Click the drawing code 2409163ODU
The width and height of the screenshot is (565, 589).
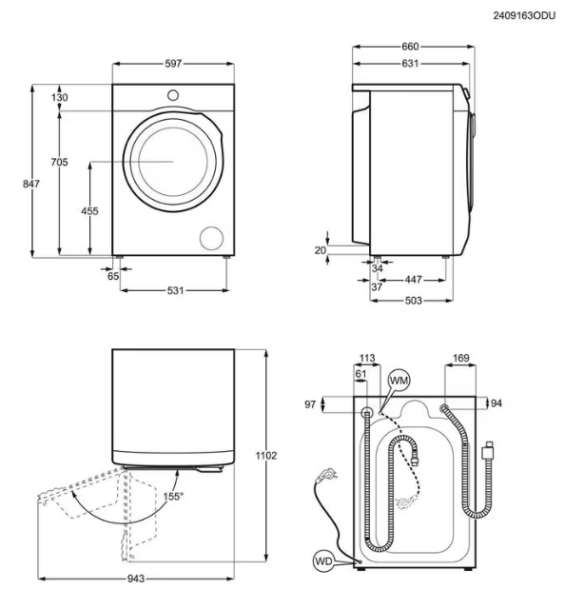(524, 16)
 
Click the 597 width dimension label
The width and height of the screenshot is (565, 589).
(173, 64)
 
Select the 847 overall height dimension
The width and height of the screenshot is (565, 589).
(30, 184)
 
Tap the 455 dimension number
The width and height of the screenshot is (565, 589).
(89, 211)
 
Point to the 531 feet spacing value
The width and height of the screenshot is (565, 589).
(175, 290)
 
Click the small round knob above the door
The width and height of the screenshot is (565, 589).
(173, 95)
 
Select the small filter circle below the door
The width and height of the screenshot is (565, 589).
(212, 238)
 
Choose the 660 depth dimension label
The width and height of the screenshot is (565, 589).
(410, 47)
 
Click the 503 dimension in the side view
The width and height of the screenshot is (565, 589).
(413, 301)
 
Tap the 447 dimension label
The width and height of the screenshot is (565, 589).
(413, 280)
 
